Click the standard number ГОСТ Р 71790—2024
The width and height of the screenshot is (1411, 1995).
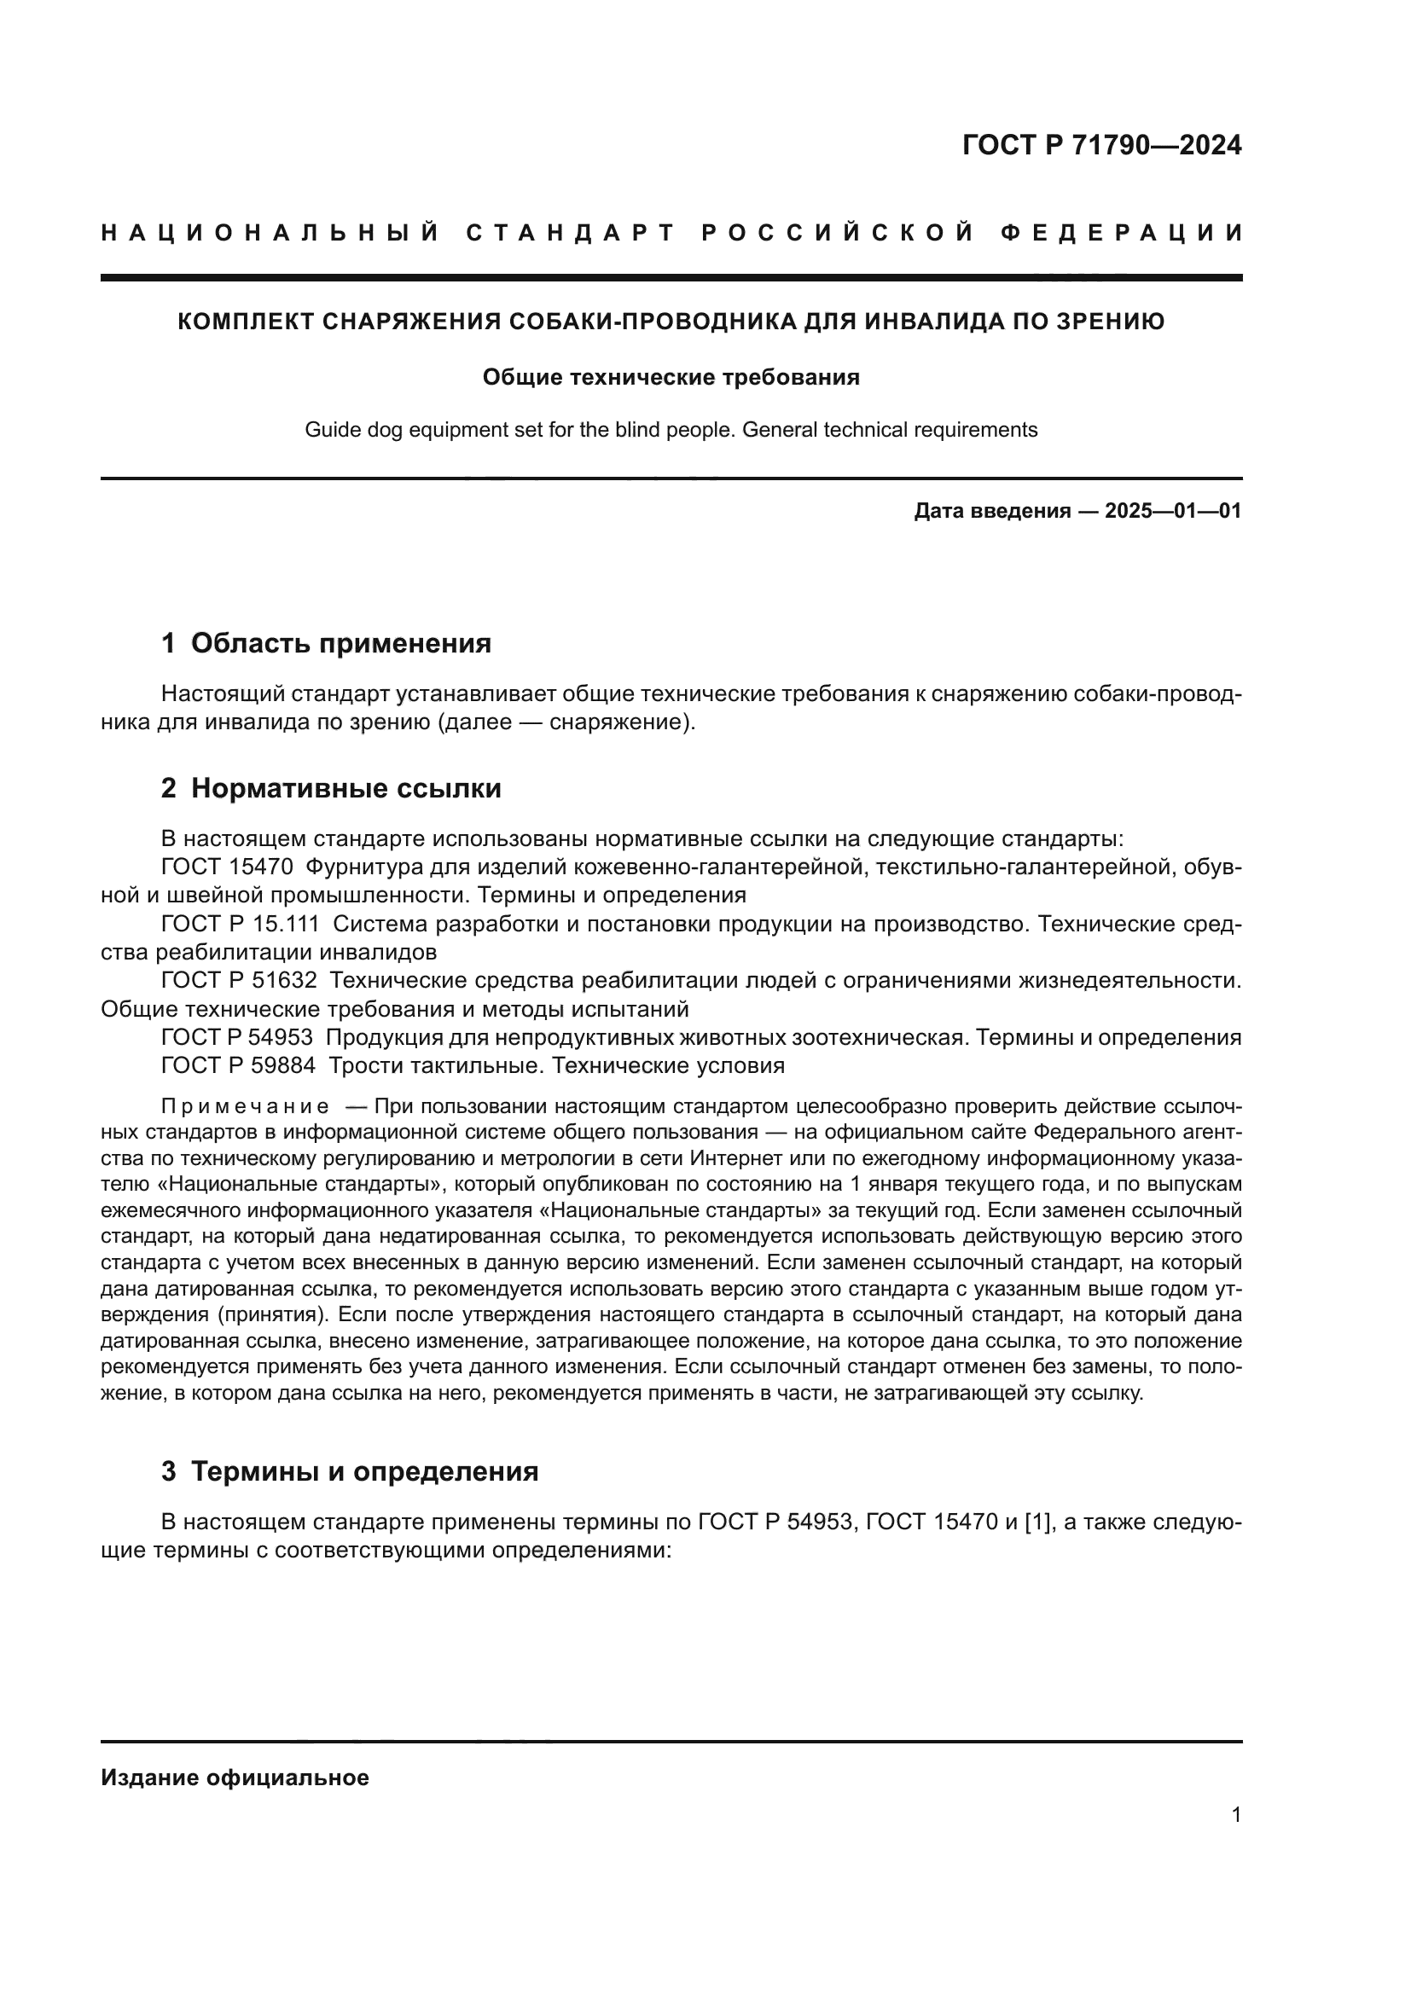point(1101,145)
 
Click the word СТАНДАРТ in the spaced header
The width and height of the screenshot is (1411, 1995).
point(570,233)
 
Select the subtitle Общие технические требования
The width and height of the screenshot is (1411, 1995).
point(671,378)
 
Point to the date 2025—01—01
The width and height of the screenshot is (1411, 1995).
point(1173,511)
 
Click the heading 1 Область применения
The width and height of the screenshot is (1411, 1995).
point(326,643)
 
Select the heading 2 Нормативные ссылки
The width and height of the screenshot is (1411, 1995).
point(331,788)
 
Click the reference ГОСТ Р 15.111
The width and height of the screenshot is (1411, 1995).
point(241,924)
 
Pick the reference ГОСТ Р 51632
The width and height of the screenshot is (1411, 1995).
point(239,980)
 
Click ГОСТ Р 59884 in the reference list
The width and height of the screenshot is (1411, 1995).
point(239,1065)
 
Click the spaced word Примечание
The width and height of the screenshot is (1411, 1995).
point(245,1107)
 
